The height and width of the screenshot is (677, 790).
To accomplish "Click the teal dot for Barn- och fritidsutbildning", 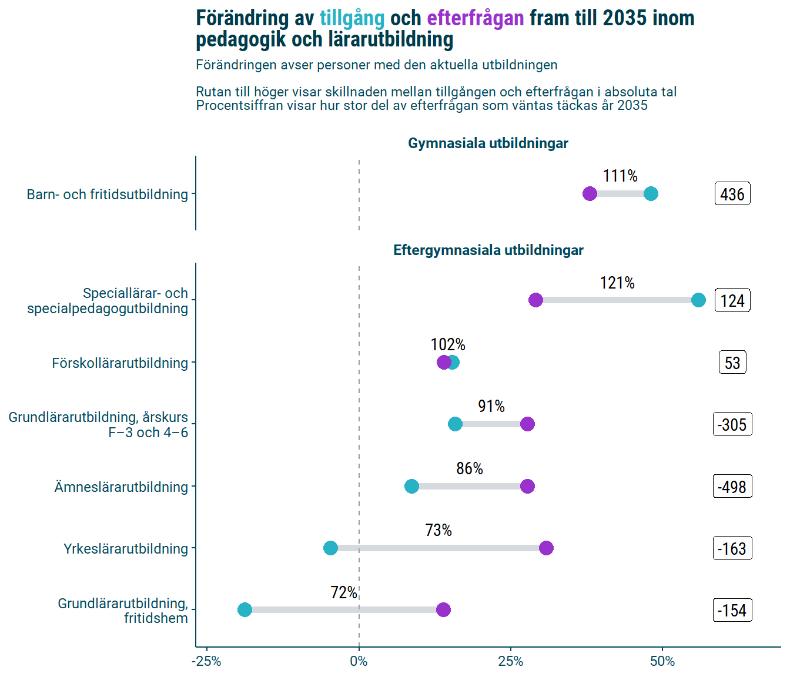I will click(651, 194).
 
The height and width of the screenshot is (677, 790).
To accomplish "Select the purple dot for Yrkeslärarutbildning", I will click(546, 548).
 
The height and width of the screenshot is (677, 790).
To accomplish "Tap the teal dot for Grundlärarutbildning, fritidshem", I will click(245, 609).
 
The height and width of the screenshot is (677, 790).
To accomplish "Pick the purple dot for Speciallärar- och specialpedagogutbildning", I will click(535, 300).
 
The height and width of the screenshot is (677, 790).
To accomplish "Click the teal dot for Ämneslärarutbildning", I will click(411, 486).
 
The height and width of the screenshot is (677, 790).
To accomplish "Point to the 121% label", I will click(617, 283).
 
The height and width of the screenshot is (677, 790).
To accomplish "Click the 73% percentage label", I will click(438, 531).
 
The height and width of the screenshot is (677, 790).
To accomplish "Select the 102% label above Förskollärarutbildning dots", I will click(448, 345).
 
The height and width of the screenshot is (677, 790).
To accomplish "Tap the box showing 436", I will click(732, 195).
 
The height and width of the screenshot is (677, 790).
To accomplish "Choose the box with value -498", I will click(732, 487).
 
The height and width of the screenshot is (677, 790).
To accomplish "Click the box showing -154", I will click(732, 611).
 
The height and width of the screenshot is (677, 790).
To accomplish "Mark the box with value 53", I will click(732, 363).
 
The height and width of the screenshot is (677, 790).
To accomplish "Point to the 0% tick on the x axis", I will click(359, 662).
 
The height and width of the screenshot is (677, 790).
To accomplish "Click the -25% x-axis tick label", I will click(206, 662).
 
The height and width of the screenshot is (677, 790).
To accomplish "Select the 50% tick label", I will click(662, 662).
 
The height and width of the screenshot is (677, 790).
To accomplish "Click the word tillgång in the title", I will click(352, 19).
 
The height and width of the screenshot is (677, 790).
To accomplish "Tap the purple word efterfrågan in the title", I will click(475, 19).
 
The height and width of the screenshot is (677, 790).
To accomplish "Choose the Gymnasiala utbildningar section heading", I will click(488, 143).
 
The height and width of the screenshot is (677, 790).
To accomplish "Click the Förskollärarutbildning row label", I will click(120, 363).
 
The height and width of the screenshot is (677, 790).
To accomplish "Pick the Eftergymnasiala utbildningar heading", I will click(488, 250).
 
